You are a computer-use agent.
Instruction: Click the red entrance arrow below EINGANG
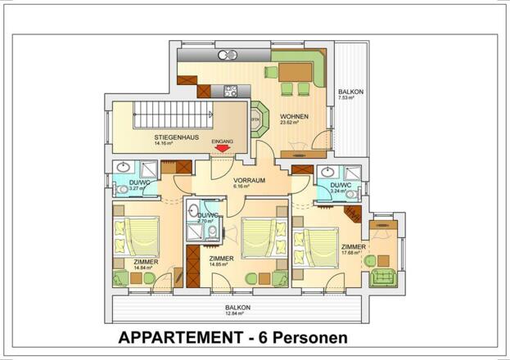(223, 149)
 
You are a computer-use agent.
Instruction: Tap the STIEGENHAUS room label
(173, 137)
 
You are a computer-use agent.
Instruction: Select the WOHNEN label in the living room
(295, 116)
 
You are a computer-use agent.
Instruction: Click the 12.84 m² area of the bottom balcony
(239, 313)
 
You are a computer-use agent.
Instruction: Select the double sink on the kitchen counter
(228, 56)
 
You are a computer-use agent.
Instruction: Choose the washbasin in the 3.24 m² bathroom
(330, 173)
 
